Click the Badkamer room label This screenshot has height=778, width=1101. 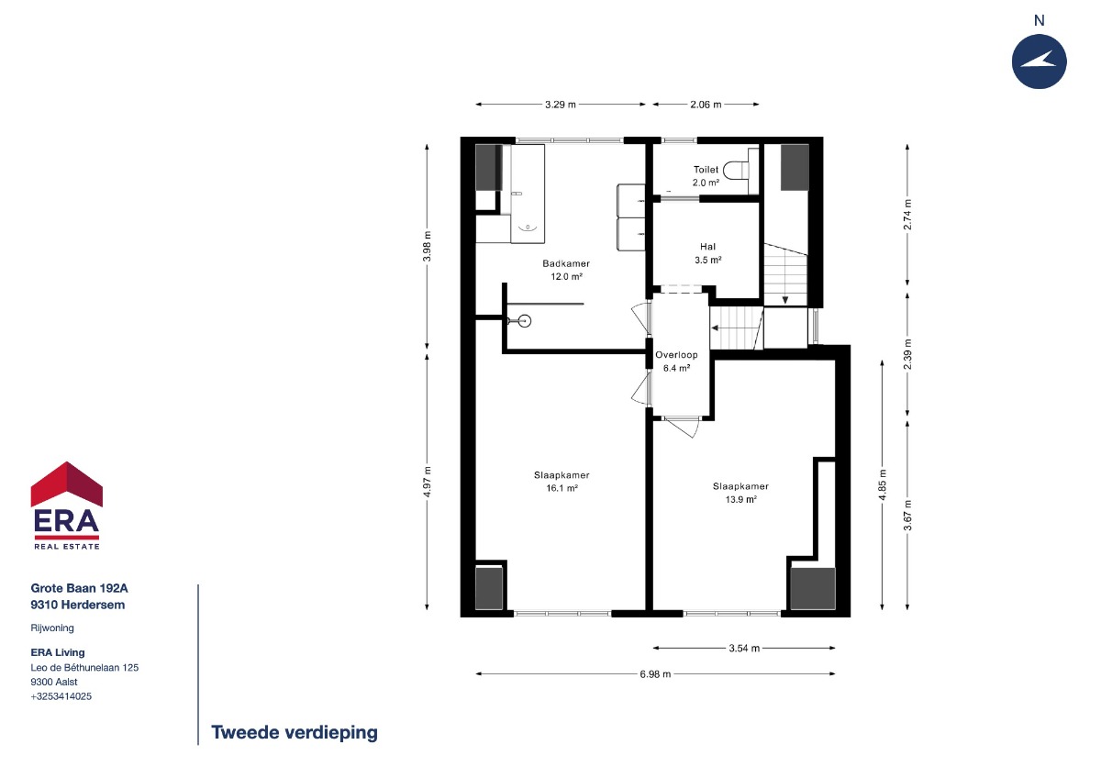pyautogui.click(x=566, y=263)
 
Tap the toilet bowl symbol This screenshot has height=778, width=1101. pyautogui.click(x=735, y=170)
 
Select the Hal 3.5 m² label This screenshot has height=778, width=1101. pyautogui.click(x=707, y=253)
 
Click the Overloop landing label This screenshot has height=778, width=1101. pyautogui.click(x=676, y=355)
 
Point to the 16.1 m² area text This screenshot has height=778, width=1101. pyautogui.click(x=562, y=488)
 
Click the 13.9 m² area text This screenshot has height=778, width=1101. pyautogui.click(x=740, y=499)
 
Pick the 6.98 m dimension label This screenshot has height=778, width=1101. pyautogui.click(x=655, y=673)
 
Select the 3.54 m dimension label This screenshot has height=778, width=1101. pyautogui.click(x=744, y=649)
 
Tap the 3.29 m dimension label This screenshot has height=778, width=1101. pyautogui.click(x=561, y=105)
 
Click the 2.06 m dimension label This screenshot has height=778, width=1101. pyautogui.click(x=706, y=105)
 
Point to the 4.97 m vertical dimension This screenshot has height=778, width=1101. pyautogui.click(x=428, y=482)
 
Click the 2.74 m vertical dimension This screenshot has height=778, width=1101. pyautogui.click(x=907, y=215)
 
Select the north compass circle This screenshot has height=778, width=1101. pyautogui.click(x=1039, y=61)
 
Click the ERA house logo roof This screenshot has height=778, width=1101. pyautogui.click(x=67, y=483)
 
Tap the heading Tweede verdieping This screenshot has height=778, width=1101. pyautogui.click(x=295, y=732)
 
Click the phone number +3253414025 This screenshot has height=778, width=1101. pyautogui.click(x=61, y=696)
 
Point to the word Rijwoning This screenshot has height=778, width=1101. pyautogui.click(x=52, y=628)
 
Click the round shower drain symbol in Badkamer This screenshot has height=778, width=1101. pyautogui.click(x=525, y=321)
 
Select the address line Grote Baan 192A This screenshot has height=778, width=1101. pyautogui.click(x=79, y=588)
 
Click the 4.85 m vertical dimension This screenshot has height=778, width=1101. pyautogui.click(x=883, y=484)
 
